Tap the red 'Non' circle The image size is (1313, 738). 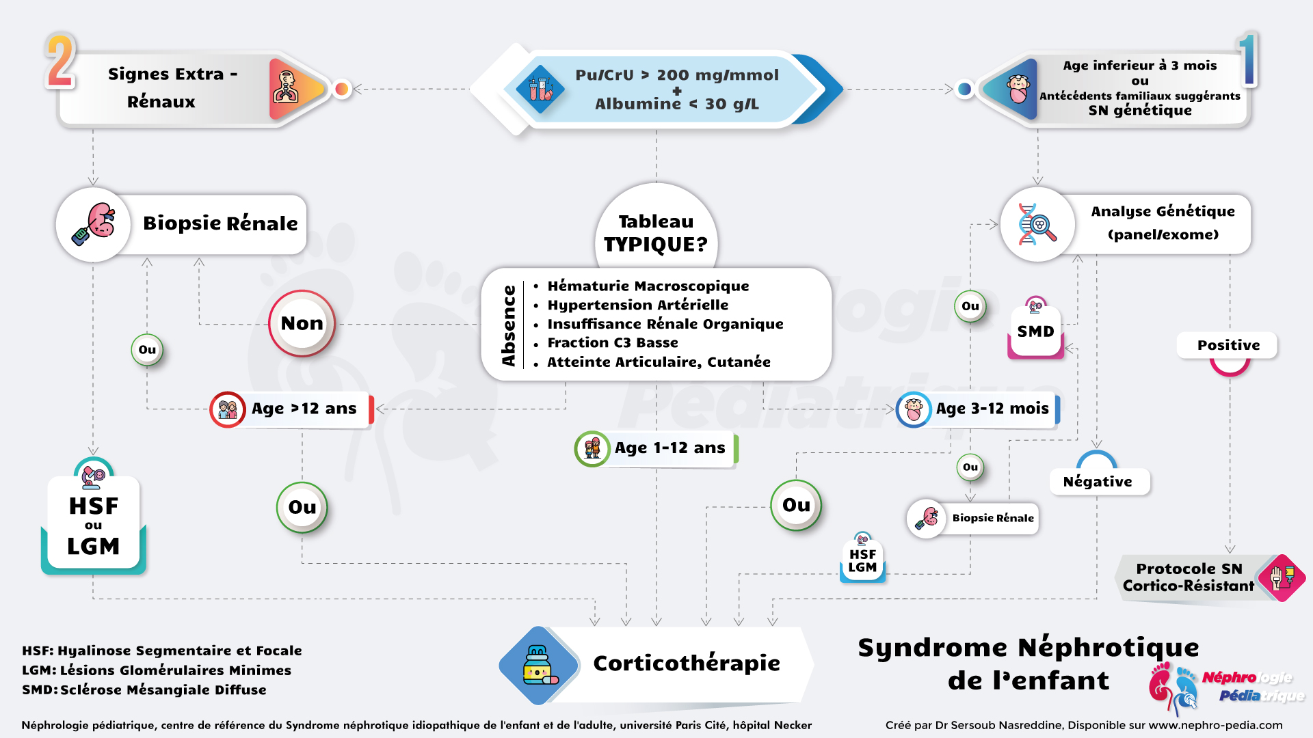[302, 323]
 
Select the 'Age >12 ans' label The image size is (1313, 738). [304, 409]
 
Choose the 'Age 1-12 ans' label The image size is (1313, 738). [669, 448]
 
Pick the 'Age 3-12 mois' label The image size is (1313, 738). [992, 409]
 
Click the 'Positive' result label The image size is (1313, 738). [1228, 345]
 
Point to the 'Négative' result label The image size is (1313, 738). [1098, 482]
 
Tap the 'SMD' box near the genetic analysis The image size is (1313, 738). [1035, 332]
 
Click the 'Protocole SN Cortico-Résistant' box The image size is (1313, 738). [1189, 577]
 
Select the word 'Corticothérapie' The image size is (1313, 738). [686, 663]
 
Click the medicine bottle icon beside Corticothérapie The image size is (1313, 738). [540, 665]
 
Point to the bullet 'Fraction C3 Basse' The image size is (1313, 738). [613, 342]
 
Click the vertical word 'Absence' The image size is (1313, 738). [508, 325]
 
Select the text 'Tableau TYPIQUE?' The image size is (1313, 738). [656, 233]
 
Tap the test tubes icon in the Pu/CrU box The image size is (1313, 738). [540, 89]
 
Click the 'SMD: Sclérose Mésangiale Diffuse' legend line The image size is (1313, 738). [144, 689]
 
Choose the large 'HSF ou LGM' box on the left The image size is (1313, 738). [94, 525]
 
